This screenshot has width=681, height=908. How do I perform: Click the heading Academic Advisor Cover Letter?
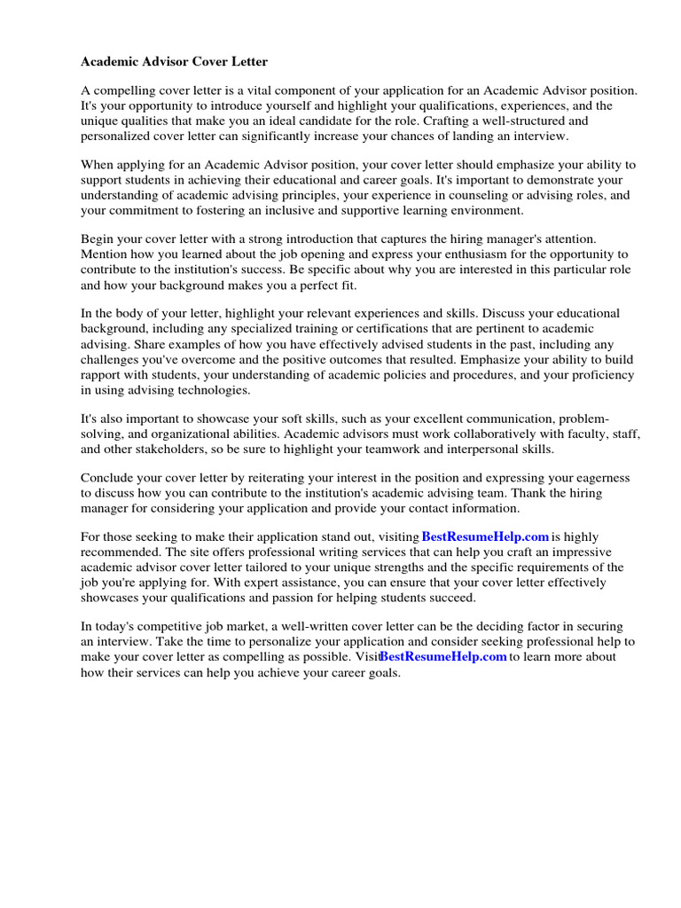(x=174, y=62)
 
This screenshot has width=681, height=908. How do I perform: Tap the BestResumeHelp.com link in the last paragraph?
(x=442, y=657)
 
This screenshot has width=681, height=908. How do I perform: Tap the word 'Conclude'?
(x=107, y=478)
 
